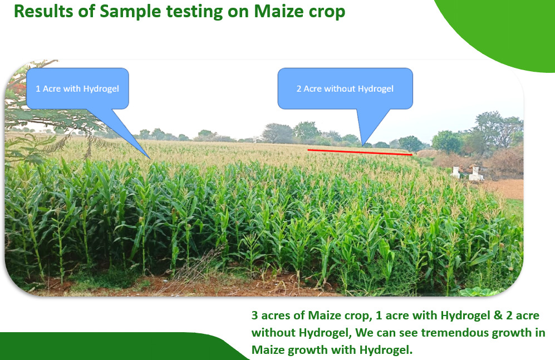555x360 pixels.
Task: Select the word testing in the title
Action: pyautogui.click(x=194, y=12)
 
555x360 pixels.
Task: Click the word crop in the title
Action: pyautogui.click(x=327, y=13)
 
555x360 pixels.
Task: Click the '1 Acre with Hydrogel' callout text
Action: pyautogui.click(x=77, y=88)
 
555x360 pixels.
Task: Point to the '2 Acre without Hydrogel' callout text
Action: pyautogui.click(x=345, y=88)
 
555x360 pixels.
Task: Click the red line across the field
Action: pyautogui.click(x=360, y=152)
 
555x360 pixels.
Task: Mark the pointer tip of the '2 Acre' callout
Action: pyautogui.click(x=363, y=145)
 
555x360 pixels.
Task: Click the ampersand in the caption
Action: pyautogui.click(x=498, y=315)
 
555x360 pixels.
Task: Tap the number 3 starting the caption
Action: pyautogui.click(x=254, y=315)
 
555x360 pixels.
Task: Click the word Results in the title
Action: pyautogui.click(x=43, y=11)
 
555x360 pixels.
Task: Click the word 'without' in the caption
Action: pyautogui.click(x=273, y=332)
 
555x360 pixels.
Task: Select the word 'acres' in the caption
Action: pyautogui.click(x=276, y=316)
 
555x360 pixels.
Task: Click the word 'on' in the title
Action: pyautogui.click(x=238, y=13)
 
